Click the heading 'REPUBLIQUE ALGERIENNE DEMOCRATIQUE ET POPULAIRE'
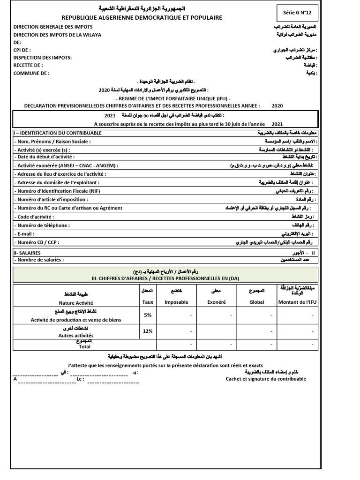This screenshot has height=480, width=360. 142,18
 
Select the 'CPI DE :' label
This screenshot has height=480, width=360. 22,50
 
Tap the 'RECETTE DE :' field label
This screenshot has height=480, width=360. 28,65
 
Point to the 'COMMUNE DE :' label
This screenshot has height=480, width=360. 31,73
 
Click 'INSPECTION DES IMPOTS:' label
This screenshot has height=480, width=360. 43,58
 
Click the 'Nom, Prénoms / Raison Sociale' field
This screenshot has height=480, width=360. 52,142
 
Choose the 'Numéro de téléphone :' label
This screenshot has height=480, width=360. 43,225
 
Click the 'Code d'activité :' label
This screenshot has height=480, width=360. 35,217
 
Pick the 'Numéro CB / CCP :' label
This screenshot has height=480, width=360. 37,242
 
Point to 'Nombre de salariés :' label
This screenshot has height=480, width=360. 40,260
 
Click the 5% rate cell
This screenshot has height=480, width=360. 148,315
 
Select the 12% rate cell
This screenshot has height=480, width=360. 148,331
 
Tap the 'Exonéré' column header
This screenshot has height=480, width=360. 217,302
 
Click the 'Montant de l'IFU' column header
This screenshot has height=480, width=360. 298,302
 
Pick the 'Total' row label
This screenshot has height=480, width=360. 85,347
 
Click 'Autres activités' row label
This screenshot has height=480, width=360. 76,336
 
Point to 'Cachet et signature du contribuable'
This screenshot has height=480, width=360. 266,379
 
